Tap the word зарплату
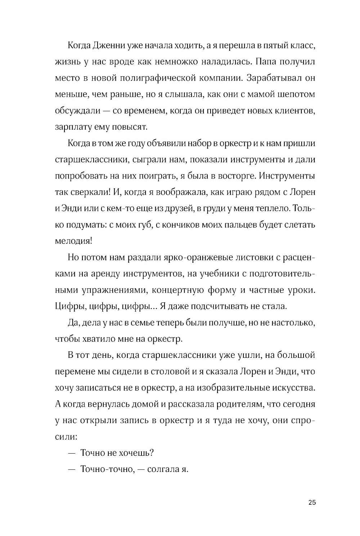click(x=72, y=127)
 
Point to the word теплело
click(x=274, y=208)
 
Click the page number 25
click(x=312, y=503)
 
